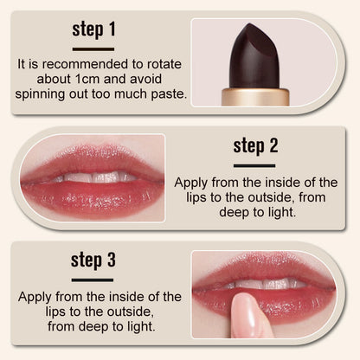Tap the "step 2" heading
254,145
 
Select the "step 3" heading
93,260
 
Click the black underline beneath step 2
254,164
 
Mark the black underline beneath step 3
93,280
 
